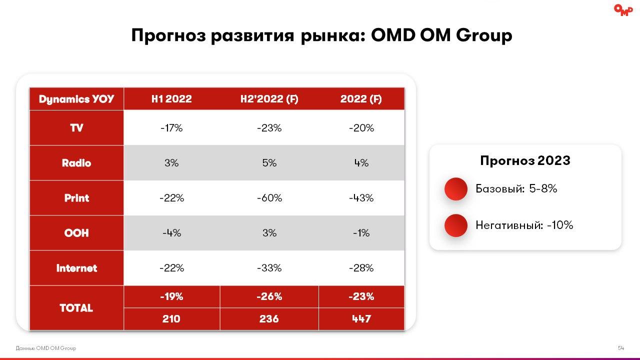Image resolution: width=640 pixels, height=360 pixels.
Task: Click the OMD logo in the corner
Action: pos(623,10)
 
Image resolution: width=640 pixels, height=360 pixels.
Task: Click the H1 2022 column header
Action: pos(171,99)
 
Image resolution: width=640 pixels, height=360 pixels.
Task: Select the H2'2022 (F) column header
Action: pos(269,99)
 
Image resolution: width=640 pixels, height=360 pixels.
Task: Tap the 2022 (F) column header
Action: pos(361,99)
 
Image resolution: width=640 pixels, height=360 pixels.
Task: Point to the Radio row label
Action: pos(76,163)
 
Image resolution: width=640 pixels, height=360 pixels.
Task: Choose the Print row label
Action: pos(76,198)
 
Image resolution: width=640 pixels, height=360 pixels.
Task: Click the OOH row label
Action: pos(76,233)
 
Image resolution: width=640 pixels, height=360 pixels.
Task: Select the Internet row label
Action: pos(76,268)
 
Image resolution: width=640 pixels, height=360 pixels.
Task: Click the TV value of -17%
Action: pos(171,128)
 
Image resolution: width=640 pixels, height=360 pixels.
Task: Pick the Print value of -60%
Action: pos(269,198)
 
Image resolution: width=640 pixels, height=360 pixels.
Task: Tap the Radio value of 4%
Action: pos(361,163)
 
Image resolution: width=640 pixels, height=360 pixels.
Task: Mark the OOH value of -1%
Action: pos(361,233)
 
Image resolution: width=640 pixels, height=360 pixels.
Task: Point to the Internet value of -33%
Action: pos(269,268)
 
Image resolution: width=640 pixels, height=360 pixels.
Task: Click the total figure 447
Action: pos(361,319)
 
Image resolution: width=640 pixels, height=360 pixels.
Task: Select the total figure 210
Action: pos(171,319)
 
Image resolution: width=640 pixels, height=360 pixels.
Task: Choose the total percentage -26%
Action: pos(269,296)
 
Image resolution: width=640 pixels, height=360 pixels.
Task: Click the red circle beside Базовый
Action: pos(455,189)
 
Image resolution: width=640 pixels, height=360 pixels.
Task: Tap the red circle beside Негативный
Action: pos(455,225)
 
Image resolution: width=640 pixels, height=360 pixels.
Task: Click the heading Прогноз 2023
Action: pos(525,161)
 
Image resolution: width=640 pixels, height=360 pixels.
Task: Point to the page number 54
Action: pos(621,348)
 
